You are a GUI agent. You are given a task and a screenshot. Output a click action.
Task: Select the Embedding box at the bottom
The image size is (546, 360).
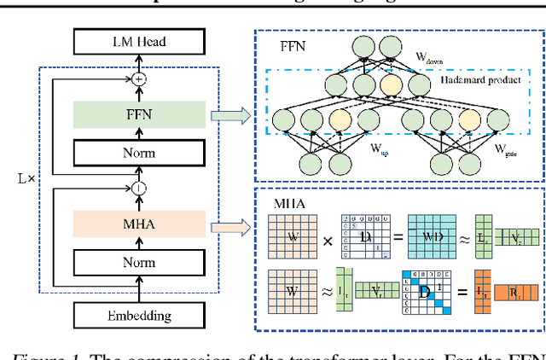(138, 315)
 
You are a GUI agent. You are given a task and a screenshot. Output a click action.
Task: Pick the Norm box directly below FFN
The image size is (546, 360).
(138, 154)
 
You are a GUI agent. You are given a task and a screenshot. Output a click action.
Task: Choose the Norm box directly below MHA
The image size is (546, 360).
(138, 264)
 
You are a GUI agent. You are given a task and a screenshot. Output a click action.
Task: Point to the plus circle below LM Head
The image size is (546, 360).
(138, 78)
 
